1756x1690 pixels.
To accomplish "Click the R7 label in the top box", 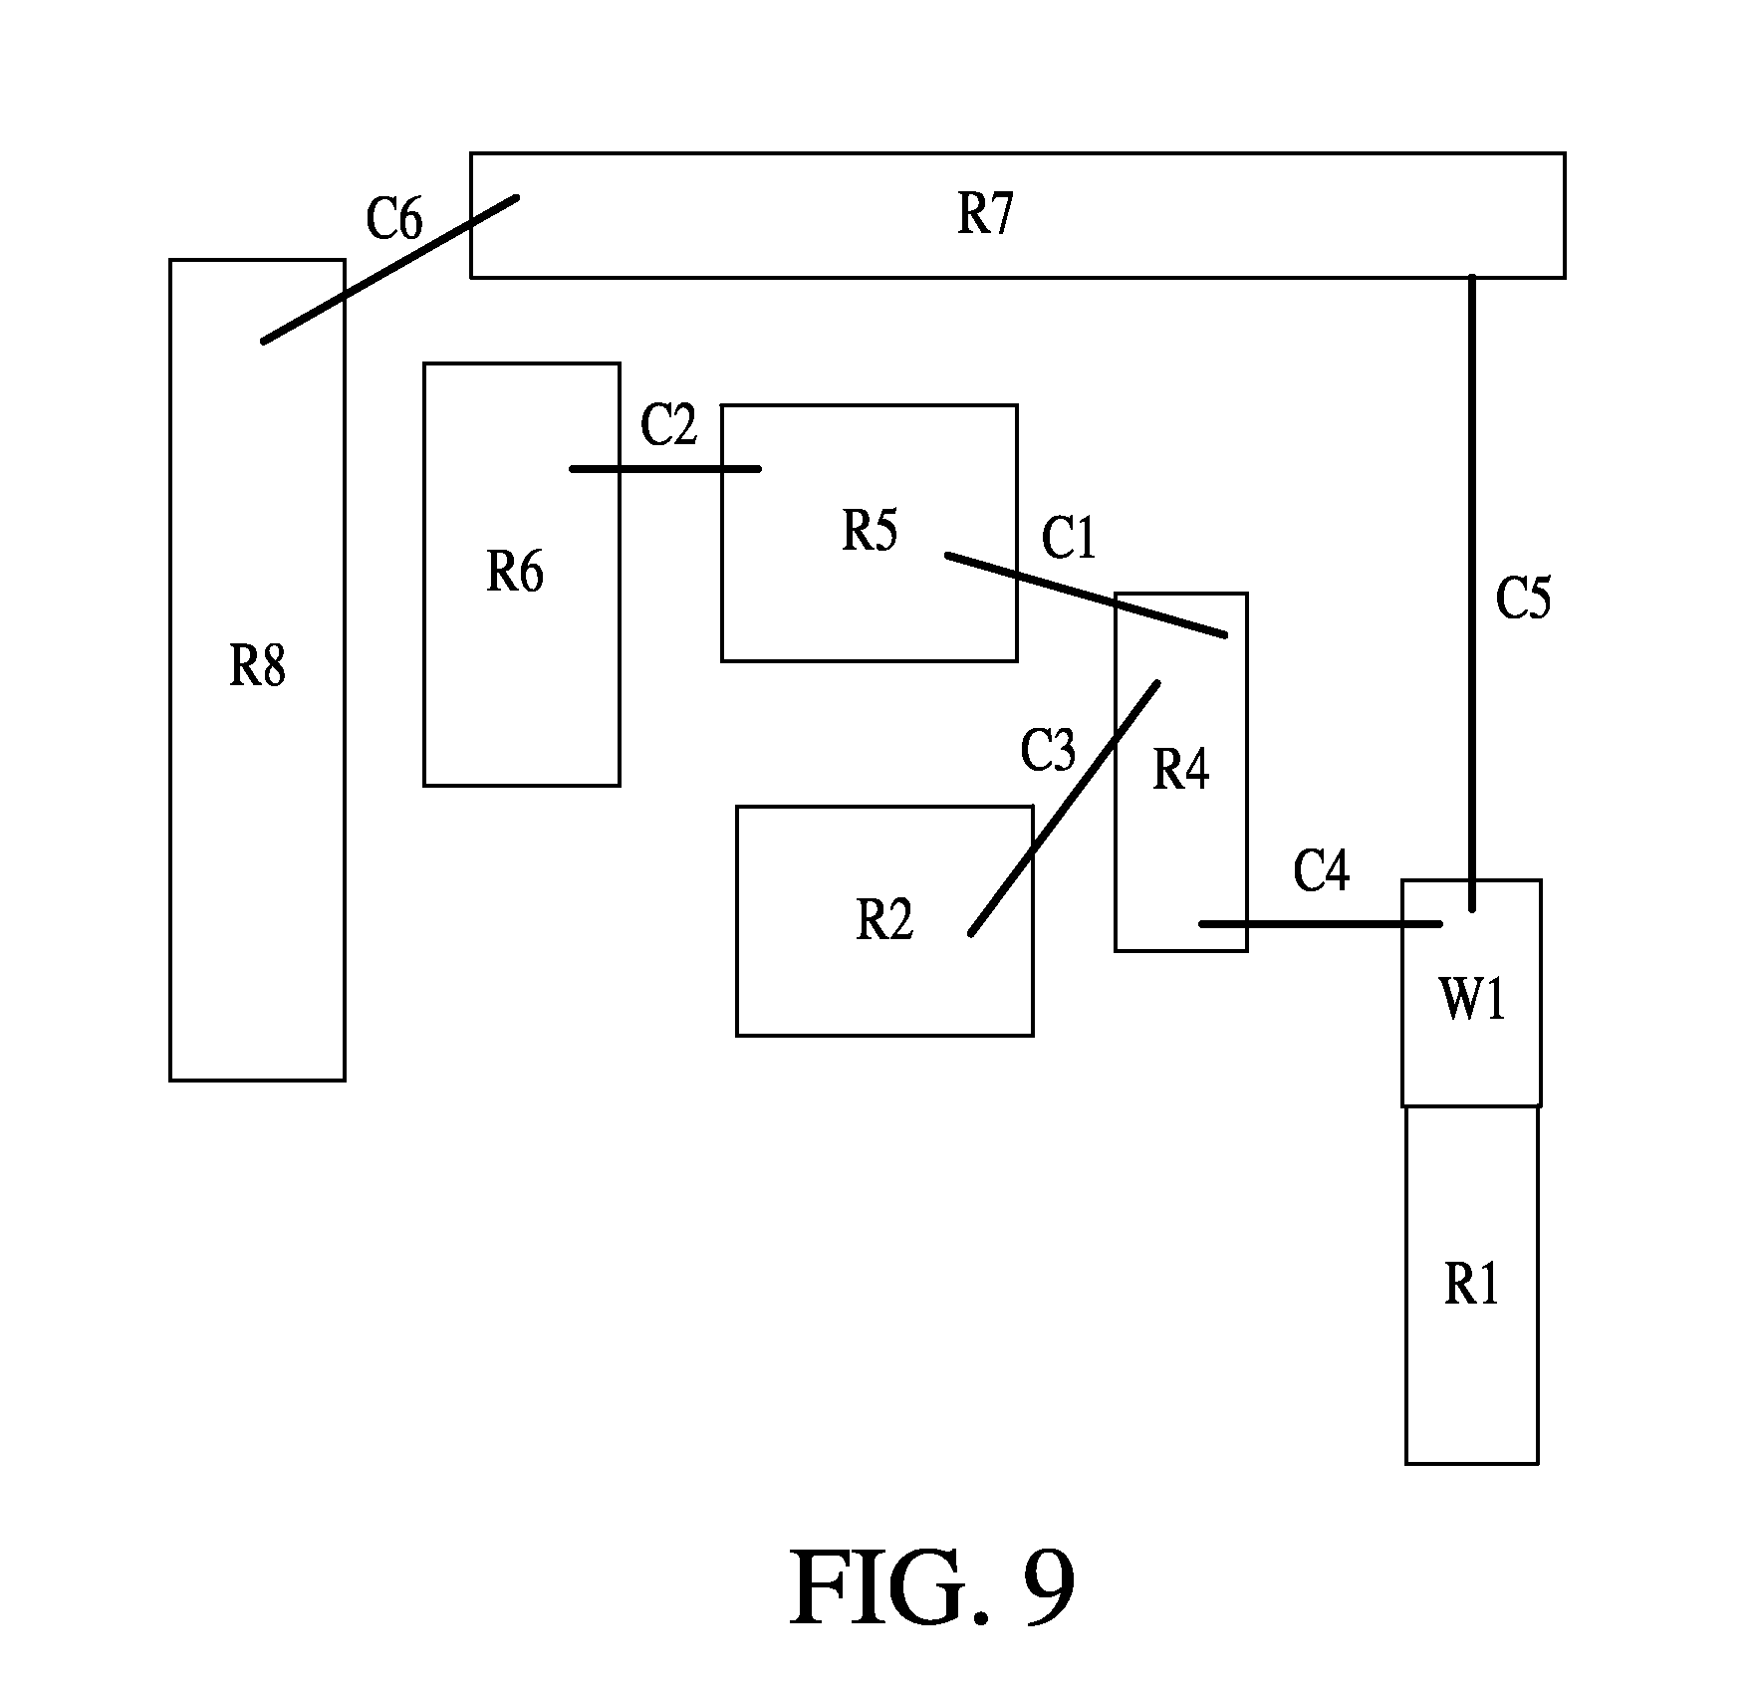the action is point(985,213).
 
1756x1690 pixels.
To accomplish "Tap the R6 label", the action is point(515,572).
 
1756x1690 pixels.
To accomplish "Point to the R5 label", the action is point(870,530).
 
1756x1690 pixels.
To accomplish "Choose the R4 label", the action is point(1181,769).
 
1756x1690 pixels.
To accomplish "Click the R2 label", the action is point(884,919).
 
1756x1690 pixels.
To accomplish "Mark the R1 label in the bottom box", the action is point(1471,1285).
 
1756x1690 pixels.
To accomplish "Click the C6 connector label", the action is point(394,218).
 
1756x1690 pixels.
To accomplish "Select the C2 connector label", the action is point(668,424).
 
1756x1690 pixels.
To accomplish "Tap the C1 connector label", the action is point(1069,538).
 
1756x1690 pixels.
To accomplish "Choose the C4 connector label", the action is point(1322,869).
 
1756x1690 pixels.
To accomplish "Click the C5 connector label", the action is point(1524,599).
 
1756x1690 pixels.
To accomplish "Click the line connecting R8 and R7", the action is point(389,270).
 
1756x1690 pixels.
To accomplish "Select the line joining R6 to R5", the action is point(665,468).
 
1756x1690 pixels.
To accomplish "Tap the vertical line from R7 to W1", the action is point(1472,593).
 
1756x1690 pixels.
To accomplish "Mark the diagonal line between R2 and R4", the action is point(1064,809).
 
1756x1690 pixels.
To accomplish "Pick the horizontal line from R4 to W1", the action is point(1321,924).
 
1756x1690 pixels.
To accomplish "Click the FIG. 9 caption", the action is point(932,1587).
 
